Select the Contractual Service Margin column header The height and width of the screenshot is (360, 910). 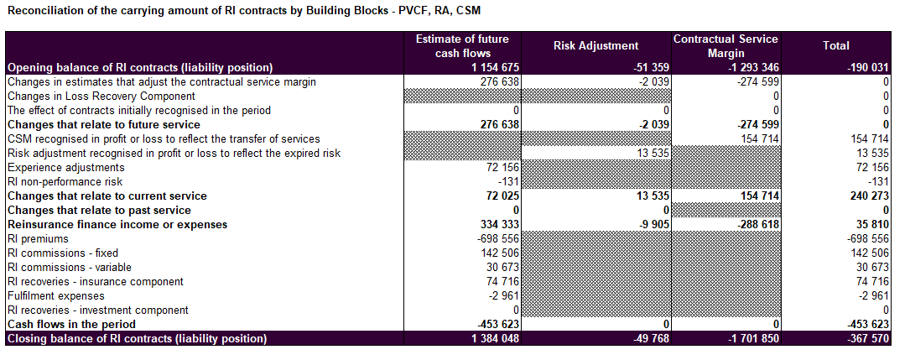point(725,46)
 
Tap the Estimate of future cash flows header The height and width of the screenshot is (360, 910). point(462,46)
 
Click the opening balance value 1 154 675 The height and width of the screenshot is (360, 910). point(495,67)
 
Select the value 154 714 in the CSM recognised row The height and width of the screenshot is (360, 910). point(760,138)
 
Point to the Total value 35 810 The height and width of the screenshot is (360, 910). point(868,225)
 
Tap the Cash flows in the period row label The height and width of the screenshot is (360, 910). point(71,324)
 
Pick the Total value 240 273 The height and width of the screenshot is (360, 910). point(866,196)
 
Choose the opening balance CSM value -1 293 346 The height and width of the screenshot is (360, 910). point(750,67)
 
